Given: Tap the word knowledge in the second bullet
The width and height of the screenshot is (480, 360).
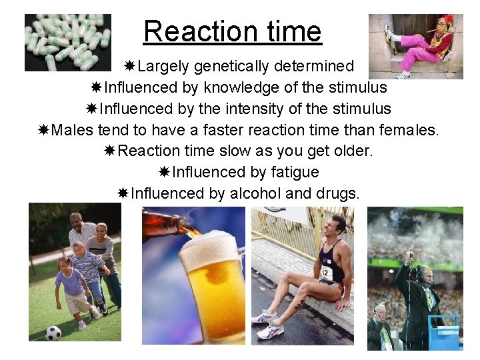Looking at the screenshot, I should click(x=243, y=87).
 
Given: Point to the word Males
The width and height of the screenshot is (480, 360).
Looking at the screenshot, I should click(x=72, y=130).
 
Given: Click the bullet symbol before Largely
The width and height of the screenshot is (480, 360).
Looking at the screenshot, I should click(x=131, y=66).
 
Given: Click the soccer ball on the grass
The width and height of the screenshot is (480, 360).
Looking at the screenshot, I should click(x=53, y=332).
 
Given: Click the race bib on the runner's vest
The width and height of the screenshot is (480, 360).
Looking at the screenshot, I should click(x=327, y=270).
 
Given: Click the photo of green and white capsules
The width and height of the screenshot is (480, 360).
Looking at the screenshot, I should click(x=67, y=42).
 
